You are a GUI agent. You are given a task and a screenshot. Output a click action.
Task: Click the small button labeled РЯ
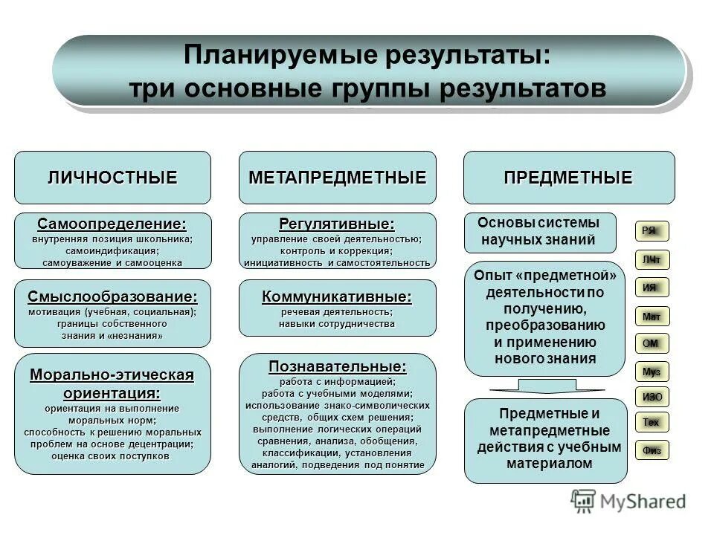point(651,231)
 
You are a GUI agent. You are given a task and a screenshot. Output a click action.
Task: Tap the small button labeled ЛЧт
point(651,259)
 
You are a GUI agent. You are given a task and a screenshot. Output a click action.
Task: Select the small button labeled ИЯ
point(651,287)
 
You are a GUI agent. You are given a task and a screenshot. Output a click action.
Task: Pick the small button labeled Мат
point(651,317)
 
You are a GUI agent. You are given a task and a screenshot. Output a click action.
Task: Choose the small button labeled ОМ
point(651,343)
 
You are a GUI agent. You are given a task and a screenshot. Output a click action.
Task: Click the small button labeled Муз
point(651,371)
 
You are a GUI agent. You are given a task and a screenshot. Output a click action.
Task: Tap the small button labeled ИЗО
point(652,396)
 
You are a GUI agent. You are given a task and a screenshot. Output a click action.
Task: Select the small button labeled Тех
point(651,423)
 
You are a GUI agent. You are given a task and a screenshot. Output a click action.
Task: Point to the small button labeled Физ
point(652,450)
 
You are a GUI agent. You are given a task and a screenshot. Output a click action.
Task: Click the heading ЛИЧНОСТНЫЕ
point(112,178)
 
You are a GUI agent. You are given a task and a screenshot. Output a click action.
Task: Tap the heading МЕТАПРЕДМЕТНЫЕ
point(337,178)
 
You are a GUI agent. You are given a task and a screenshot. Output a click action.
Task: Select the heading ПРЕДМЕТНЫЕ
point(568,178)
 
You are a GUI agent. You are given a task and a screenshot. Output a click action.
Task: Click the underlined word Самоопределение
point(112,224)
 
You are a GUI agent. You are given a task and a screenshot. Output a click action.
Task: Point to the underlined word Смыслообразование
point(112,296)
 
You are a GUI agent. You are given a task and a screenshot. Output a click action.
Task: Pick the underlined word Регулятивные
point(337,224)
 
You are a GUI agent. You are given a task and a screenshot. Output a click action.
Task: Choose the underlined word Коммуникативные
point(337,296)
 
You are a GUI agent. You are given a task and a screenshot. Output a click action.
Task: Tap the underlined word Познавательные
point(337,366)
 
